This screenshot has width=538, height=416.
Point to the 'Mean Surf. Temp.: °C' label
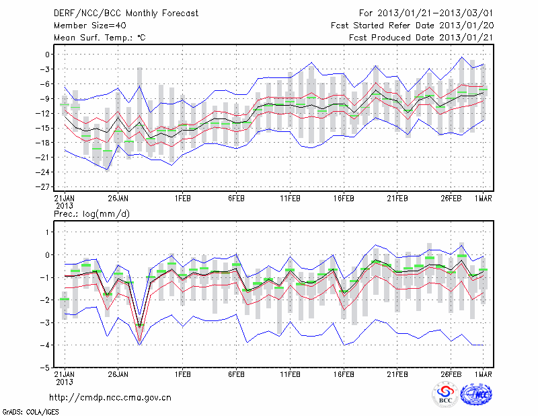coord(100,38)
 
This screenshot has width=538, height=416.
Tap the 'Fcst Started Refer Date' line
coord(412,26)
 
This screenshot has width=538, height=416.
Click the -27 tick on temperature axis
coord(46,186)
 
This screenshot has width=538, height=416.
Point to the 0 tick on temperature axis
coord(48,55)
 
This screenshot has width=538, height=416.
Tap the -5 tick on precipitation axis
coord(47,368)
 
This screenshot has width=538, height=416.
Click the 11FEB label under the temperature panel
coord(290,199)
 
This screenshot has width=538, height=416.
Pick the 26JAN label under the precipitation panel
coord(118,374)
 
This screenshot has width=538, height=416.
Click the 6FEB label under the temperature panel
coord(236,199)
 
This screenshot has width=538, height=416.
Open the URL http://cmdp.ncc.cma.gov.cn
coord(111,397)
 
